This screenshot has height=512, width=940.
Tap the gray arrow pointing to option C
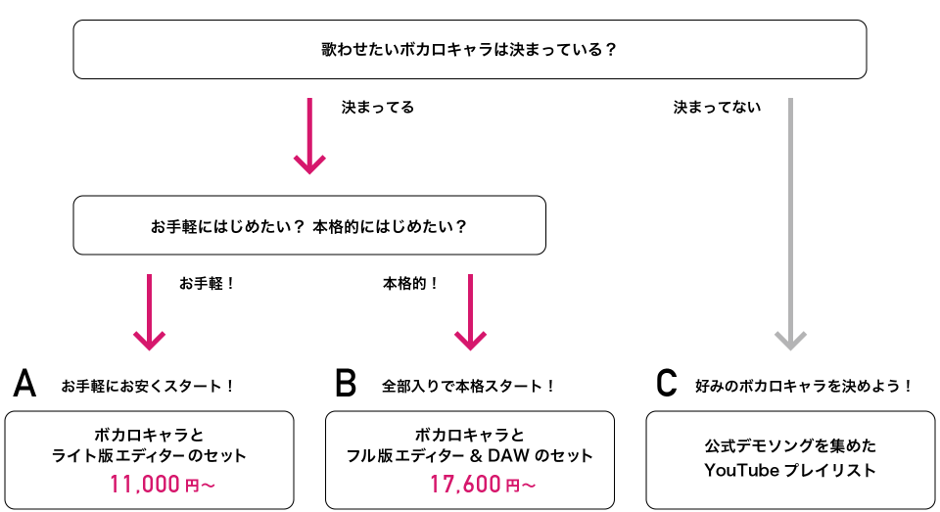(790, 223)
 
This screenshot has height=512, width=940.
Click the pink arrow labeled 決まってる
(309, 136)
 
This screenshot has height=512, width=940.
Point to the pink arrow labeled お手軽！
(149, 312)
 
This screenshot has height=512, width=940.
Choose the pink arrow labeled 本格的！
(470, 312)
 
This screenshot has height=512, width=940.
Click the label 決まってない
(717, 108)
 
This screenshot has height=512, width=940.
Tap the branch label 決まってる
(378, 108)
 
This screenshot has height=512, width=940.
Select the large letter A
(24, 383)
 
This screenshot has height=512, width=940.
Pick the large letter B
(346, 383)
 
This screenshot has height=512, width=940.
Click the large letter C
(666, 383)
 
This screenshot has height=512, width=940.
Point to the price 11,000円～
(162, 484)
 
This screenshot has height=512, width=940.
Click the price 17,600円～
(483, 484)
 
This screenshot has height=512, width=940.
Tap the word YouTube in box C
(741, 470)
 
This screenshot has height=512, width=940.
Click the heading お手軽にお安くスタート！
(148, 386)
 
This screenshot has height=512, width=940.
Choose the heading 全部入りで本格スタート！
(469, 386)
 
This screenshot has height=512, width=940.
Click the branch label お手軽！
(208, 283)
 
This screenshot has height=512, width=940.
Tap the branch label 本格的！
(411, 283)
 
